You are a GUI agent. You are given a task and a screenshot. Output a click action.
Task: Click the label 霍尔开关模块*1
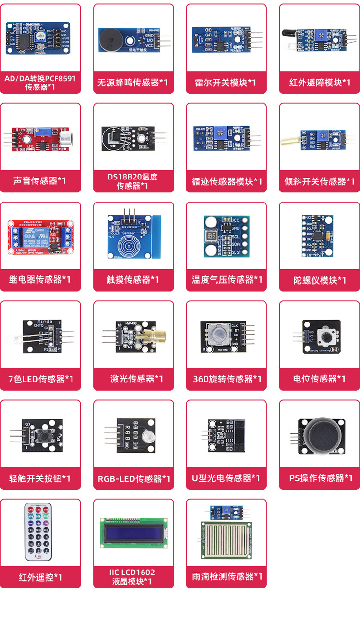pos(226,83)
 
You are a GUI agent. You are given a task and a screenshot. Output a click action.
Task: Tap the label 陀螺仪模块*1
pos(320,280)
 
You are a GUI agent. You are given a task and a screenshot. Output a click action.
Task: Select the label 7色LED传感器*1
pos(41,379)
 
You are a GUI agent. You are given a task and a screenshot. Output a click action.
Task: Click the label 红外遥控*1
pos(40,577)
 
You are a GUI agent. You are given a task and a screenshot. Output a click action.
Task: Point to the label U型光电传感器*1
pos(226,478)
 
